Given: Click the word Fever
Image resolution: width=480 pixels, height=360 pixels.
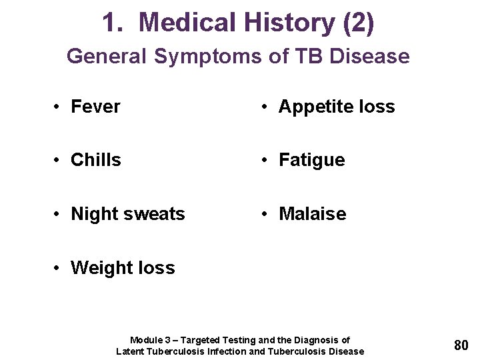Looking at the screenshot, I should [x=95, y=107].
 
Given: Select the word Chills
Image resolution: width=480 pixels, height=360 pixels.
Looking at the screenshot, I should [x=96, y=160].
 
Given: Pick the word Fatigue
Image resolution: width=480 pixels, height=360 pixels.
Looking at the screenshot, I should [x=312, y=160].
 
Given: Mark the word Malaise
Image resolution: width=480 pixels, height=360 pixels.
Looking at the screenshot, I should [x=313, y=214].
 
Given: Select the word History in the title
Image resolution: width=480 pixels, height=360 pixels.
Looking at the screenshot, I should [x=290, y=23].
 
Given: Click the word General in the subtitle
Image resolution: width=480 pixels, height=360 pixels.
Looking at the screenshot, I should [x=108, y=56].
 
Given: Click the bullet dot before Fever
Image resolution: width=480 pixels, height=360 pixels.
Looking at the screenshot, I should [x=58, y=107].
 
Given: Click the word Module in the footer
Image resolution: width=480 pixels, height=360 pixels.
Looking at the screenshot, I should [x=145, y=340].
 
